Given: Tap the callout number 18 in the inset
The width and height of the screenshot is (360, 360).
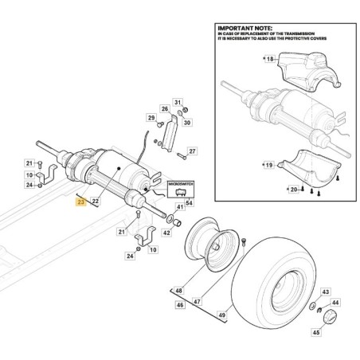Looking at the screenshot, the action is (270, 61).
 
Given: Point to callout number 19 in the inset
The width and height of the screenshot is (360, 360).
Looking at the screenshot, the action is (270, 165).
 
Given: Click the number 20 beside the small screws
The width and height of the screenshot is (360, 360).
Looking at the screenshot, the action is (295, 190).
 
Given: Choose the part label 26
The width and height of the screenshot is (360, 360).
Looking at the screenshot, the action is (165, 109).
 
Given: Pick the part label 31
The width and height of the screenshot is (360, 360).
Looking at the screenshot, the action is (178, 103).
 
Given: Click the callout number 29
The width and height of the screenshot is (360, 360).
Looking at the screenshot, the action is (150, 119).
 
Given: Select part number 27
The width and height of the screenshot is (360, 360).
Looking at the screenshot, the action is (193, 151).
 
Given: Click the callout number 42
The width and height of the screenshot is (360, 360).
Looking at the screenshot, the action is (166, 233).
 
